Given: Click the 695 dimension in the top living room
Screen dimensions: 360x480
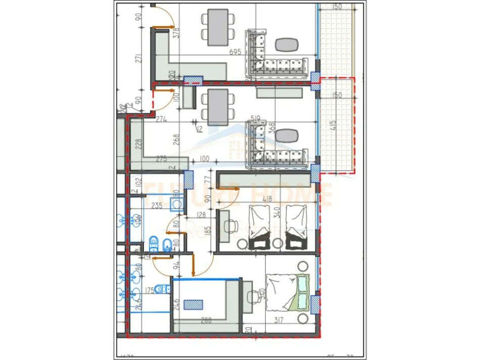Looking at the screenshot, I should point(235,52).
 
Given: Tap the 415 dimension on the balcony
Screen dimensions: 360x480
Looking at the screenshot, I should point(346,125).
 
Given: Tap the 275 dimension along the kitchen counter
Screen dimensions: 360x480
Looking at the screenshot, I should point(161,159).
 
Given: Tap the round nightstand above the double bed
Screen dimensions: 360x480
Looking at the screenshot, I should point(303,265).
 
